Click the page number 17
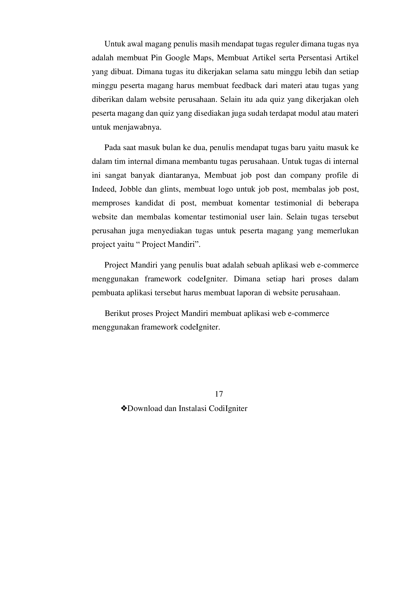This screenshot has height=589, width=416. point(219,394)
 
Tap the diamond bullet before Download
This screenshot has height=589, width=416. point(124,408)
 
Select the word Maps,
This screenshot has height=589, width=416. point(203,58)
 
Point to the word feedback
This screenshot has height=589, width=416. point(247,85)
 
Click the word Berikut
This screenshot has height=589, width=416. point(117,313)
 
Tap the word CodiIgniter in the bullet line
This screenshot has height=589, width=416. point(228,408)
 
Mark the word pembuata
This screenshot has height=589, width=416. point(108,293)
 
